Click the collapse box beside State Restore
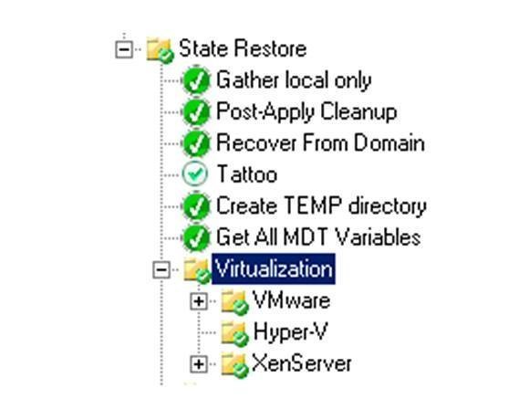point(124,49)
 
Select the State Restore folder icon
point(161,50)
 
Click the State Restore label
point(243,48)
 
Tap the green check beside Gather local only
point(196,80)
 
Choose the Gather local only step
point(294,80)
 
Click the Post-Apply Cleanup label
point(306,111)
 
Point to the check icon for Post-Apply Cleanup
point(196,111)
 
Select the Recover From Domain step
point(320,142)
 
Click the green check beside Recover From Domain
point(196,143)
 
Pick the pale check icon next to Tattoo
point(194,173)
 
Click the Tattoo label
point(247,173)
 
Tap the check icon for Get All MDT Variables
point(196,237)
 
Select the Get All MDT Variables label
point(318,237)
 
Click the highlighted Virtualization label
point(274,269)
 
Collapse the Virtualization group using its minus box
point(161,269)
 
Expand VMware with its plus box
point(199,300)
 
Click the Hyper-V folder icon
point(234,333)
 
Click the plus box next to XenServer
point(199,364)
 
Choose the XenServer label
point(302,363)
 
